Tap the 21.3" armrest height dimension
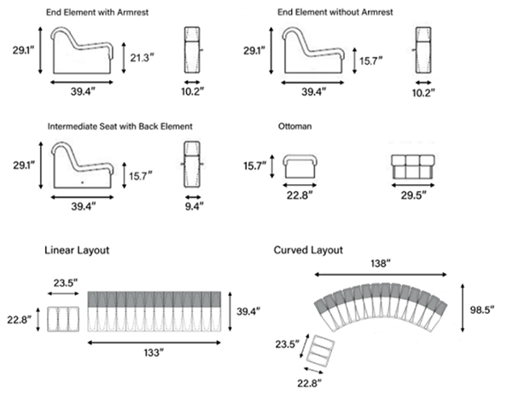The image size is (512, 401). tap(143, 57)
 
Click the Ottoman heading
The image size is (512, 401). tap(295, 125)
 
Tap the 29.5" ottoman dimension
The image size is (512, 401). tap(414, 195)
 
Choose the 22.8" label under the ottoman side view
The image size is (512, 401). tap(300, 195)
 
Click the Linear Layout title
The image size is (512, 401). tap(77, 250)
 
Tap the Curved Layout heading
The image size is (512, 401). tap(308, 250)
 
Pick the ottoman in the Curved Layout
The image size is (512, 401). tap(319, 352)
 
